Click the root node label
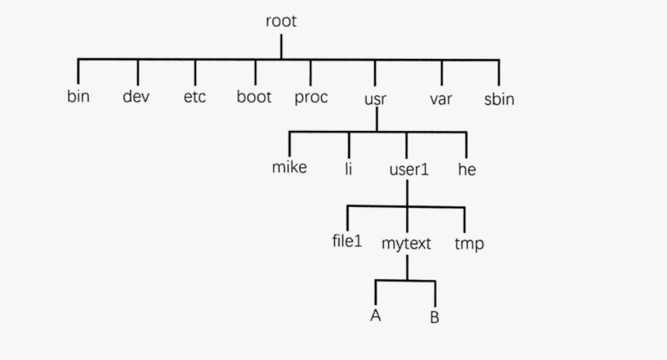point(281,21)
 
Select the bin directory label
point(78,97)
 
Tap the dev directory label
point(137,97)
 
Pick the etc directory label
point(195,97)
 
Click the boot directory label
point(254,97)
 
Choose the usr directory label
point(375,99)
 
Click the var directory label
point(441,99)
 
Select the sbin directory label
point(499,99)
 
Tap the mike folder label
point(290,167)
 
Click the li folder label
point(349,168)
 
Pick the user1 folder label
point(408,169)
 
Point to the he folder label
point(467,169)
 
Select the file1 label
point(347,241)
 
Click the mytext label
point(406,243)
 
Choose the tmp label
point(469,244)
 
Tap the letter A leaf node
point(375,315)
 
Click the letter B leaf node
point(434,317)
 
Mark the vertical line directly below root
point(281,46)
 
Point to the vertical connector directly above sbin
point(499,73)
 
